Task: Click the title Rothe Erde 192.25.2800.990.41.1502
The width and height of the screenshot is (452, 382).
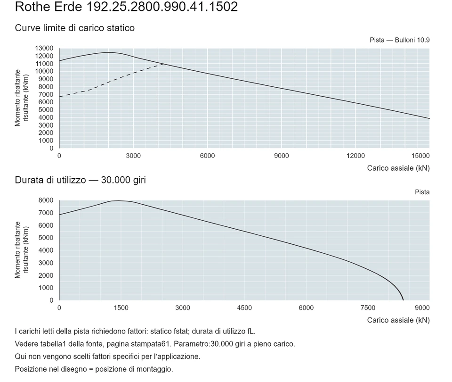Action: click(126, 7)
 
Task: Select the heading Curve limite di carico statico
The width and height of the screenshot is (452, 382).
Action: click(75, 28)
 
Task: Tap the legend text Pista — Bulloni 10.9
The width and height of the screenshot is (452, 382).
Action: click(400, 40)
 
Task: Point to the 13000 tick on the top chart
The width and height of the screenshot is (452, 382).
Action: click(44, 48)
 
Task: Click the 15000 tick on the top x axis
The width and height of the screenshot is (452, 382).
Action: click(420, 156)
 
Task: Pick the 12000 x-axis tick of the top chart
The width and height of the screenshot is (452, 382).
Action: click(355, 156)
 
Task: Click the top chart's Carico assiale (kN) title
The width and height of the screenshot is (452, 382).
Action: click(398, 168)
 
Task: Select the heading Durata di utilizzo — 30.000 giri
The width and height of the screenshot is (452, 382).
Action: click(81, 180)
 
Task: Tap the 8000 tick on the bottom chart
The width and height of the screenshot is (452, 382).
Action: click(46, 200)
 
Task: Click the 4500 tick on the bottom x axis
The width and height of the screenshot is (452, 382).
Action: click(244, 308)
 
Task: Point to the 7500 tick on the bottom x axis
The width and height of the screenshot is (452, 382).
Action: click(368, 308)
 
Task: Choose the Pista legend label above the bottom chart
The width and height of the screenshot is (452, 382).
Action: click(422, 192)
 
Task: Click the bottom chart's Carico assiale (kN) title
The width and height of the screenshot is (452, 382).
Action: click(398, 320)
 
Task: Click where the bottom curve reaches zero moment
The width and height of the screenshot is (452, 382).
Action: click(404, 300)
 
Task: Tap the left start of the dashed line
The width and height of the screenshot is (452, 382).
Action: click(59, 97)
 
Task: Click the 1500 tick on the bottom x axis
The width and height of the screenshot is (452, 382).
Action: click(121, 308)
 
